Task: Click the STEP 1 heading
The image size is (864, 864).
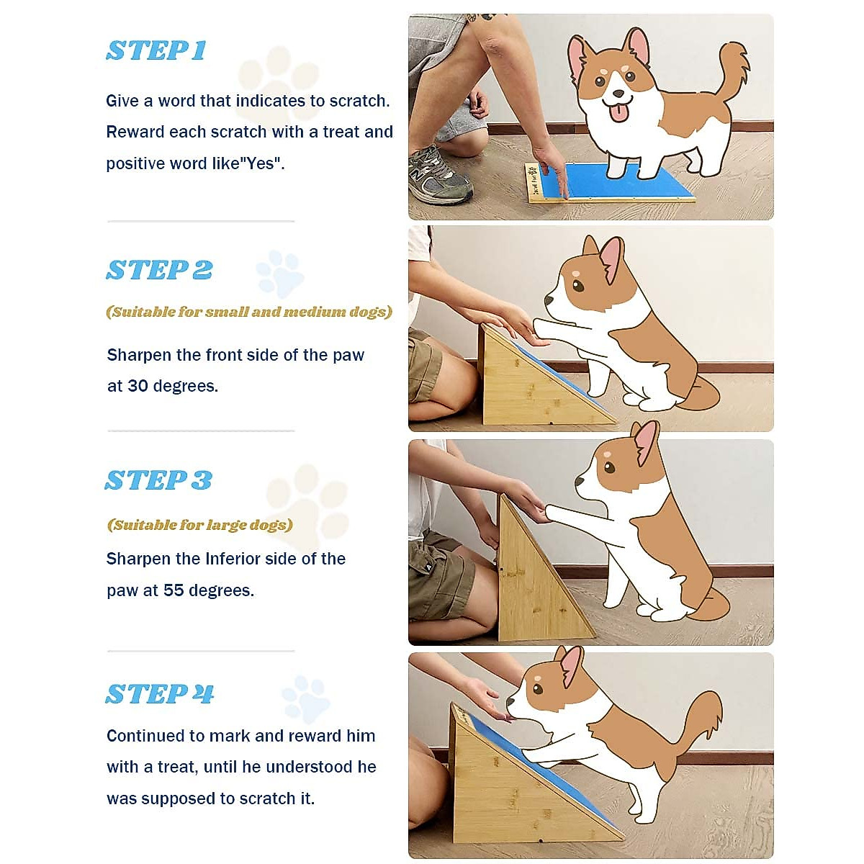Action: [156, 50]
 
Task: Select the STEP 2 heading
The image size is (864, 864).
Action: [159, 270]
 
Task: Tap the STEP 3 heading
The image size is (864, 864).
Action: [158, 480]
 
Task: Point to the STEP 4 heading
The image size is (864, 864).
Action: [160, 693]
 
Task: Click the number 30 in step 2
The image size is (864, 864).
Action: [138, 386]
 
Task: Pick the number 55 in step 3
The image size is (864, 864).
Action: [174, 590]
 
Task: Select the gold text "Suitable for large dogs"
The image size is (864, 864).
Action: [200, 525]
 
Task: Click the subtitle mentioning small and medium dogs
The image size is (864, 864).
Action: [249, 312]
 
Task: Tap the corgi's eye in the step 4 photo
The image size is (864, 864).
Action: [538, 688]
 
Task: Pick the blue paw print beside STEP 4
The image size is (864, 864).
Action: [305, 698]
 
